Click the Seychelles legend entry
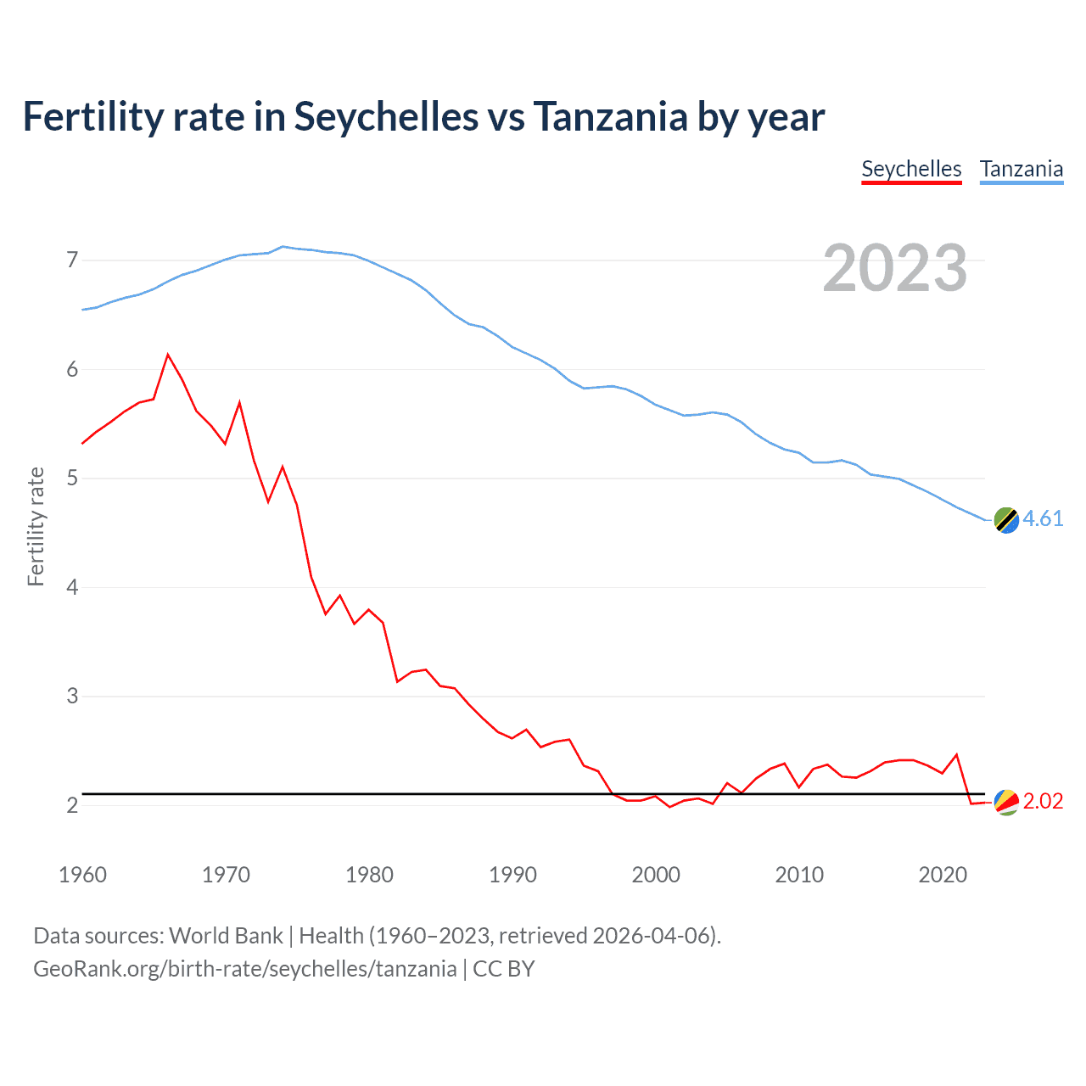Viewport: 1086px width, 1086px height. tap(911, 169)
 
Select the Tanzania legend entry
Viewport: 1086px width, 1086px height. tap(1022, 169)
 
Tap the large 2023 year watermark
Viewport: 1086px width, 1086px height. tap(894, 268)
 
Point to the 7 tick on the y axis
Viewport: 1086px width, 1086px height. tap(72, 260)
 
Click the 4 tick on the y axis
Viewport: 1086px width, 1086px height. tap(72, 587)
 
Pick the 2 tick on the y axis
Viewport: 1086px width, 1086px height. tap(72, 805)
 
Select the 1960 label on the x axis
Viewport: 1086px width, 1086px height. tap(82, 875)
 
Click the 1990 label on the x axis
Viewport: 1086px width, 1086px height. tap(512, 875)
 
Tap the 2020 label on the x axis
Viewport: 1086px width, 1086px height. tap(943, 875)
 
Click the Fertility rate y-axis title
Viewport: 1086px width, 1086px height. tap(36, 526)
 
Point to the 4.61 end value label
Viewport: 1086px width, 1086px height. tap(1043, 518)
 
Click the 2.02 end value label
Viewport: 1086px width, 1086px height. tap(1043, 802)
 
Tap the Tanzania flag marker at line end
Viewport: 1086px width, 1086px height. tap(1006, 520)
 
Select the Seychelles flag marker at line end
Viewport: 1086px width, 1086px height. tap(1006, 802)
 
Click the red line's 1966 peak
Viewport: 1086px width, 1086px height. tap(168, 355)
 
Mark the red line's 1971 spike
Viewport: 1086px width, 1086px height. tap(240, 402)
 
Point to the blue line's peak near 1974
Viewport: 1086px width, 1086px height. tap(283, 246)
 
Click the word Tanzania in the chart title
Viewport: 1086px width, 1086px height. tap(610, 117)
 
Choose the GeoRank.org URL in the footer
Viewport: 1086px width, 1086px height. tap(244, 969)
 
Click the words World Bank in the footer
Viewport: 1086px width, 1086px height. tap(226, 936)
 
